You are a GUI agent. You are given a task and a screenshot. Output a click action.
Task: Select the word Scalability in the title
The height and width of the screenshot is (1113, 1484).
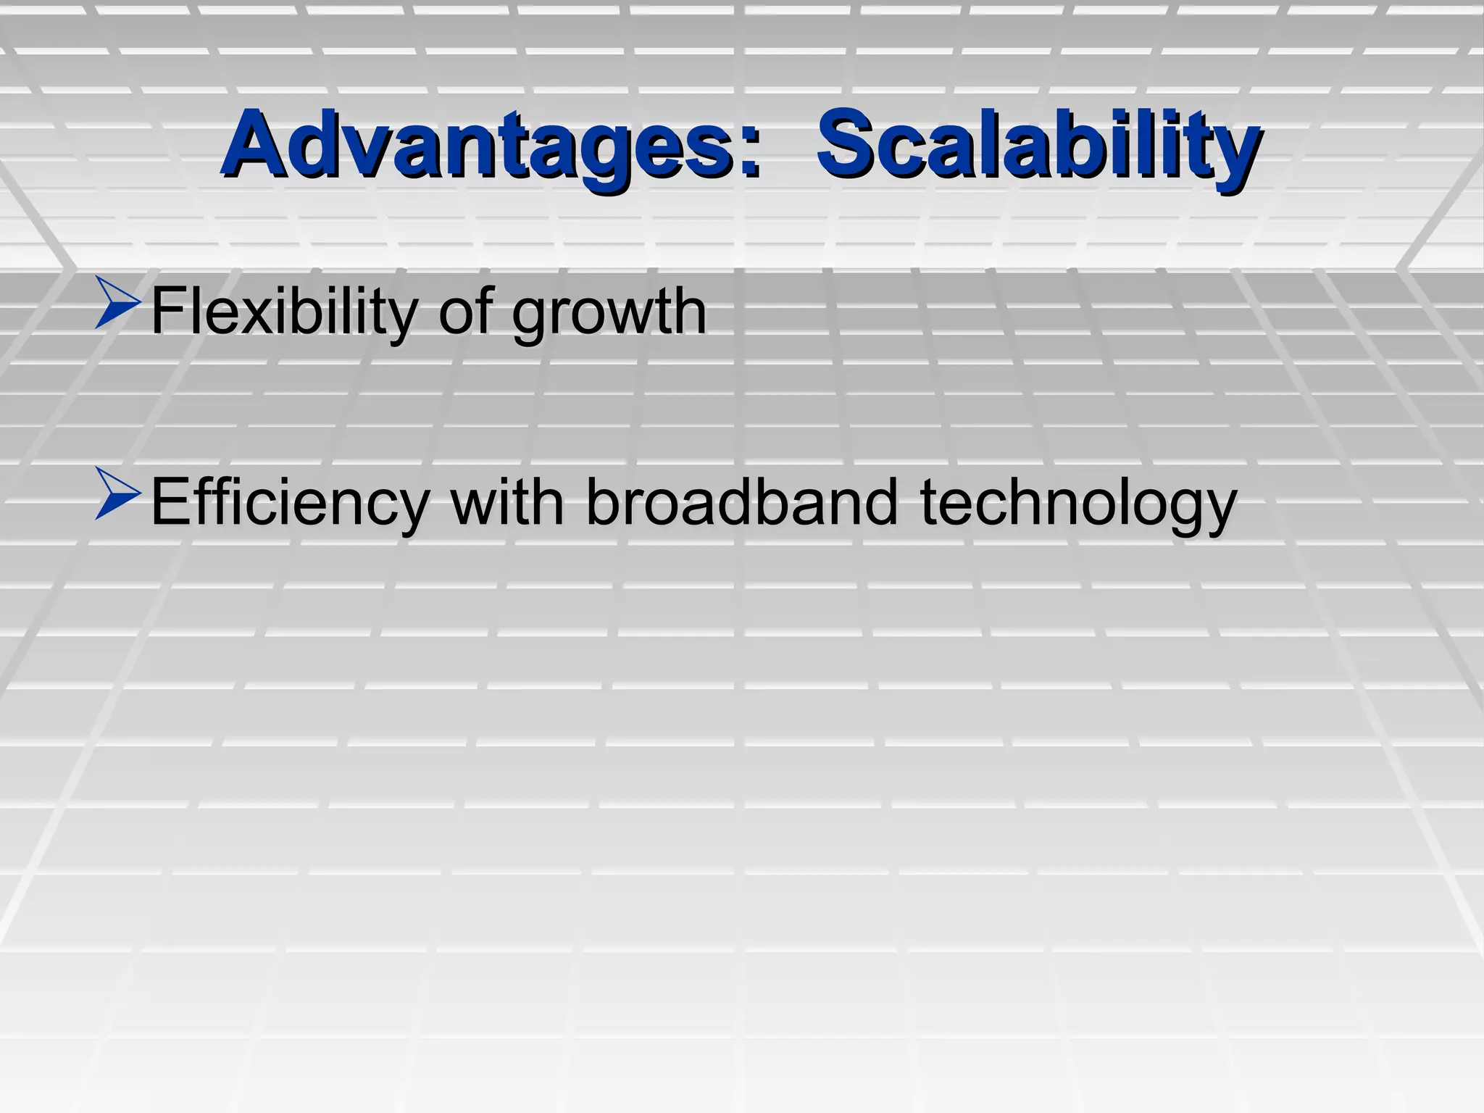[x=1038, y=145]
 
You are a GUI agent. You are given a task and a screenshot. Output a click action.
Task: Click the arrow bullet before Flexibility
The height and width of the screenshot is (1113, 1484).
[x=117, y=305]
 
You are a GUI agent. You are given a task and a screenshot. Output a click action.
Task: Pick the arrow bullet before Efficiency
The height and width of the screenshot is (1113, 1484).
[x=117, y=495]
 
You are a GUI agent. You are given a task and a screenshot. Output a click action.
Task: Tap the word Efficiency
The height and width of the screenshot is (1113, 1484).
[x=290, y=504]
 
